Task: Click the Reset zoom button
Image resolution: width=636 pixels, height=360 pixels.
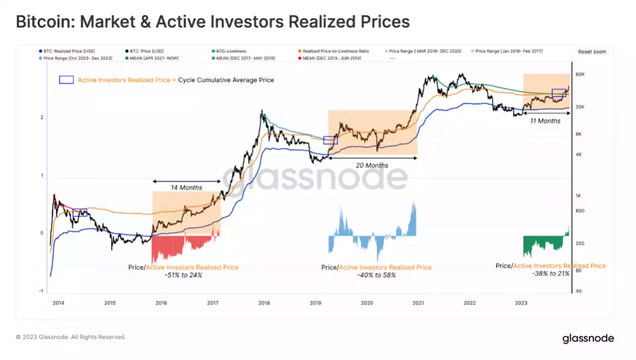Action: click(592, 52)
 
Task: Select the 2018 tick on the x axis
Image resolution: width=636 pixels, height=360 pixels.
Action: click(264, 303)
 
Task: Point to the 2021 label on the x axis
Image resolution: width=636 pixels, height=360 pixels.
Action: click(418, 303)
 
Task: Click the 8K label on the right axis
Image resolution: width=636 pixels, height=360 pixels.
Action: click(578, 134)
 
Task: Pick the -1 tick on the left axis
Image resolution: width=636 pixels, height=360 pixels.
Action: click(41, 291)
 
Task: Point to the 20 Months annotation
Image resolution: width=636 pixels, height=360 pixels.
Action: click(372, 165)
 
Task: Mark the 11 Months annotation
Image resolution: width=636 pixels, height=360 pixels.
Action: click(545, 120)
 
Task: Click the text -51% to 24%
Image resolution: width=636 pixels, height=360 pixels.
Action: click(183, 275)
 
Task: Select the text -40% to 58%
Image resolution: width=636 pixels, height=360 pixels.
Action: click(376, 275)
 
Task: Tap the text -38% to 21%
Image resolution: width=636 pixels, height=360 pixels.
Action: click(550, 274)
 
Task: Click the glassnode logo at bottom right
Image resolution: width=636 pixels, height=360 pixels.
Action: click(587, 338)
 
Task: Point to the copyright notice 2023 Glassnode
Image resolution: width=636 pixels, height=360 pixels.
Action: click(71, 337)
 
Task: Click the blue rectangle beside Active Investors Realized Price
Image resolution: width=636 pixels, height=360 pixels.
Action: click(66, 80)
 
